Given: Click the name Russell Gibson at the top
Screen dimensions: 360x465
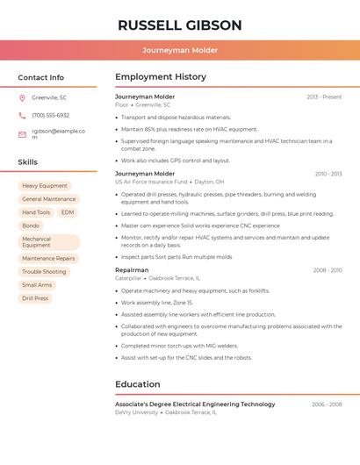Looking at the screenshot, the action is point(179,25).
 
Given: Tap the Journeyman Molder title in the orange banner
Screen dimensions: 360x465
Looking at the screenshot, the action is point(179,50).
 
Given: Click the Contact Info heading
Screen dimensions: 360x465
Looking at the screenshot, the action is point(41,77).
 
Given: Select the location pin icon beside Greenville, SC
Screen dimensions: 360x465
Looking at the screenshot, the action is point(22,97).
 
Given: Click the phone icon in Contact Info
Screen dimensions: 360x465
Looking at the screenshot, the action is point(22,115).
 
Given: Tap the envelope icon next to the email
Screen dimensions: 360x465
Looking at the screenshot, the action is point(22,134).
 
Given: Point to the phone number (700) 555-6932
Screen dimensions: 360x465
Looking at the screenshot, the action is point(50,115).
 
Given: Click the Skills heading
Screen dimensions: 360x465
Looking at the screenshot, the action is point(28,162).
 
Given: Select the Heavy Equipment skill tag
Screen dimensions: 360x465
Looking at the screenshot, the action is point(45,186).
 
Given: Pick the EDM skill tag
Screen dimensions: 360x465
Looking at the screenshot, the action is point(68,212).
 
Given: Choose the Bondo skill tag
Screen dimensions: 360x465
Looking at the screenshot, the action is point(31,225).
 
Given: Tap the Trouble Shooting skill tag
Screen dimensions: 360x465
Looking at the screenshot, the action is point(44,272).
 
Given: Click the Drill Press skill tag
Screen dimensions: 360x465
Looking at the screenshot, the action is point(35,298).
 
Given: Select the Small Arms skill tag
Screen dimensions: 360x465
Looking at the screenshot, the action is point(37,285).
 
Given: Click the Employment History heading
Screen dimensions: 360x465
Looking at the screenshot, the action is point(161,77).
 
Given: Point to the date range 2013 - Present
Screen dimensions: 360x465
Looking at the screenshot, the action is point(324,97).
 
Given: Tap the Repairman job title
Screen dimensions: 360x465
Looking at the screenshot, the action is point(132,270).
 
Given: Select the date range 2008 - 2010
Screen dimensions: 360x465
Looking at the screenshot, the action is point(328,270).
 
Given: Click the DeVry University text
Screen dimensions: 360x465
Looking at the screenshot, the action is point(136,411).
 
